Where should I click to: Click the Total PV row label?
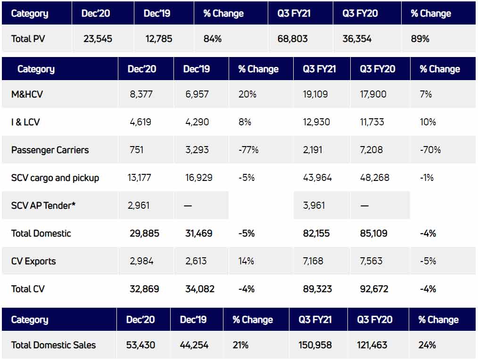coord(28,39)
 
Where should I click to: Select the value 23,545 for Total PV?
coord(98,39)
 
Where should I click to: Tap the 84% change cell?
coord(212,39)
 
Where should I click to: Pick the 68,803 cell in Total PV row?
coord(292,39)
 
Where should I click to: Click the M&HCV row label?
coord(27,94)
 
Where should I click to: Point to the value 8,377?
coord(142,94)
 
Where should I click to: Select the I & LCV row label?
coord(25,122)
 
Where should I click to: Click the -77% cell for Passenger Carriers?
coord(248,150)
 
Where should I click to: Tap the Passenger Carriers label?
coord(50,150)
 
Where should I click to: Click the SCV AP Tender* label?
coord(44,205)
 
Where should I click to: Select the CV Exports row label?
coord(33,261)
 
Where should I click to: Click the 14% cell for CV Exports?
coord(247,261)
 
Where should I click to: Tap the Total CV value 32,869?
coord(145,289)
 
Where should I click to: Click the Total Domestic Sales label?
coord(53,345)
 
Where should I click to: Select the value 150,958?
coord(315,345)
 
